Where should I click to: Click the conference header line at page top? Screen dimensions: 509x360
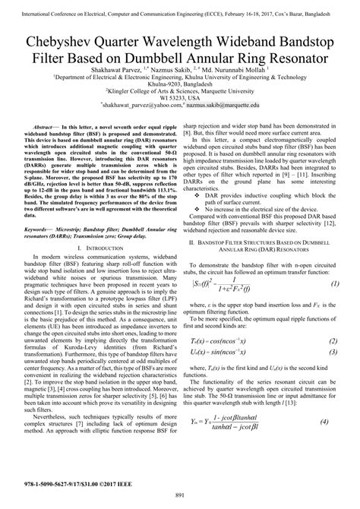point(180,7)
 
